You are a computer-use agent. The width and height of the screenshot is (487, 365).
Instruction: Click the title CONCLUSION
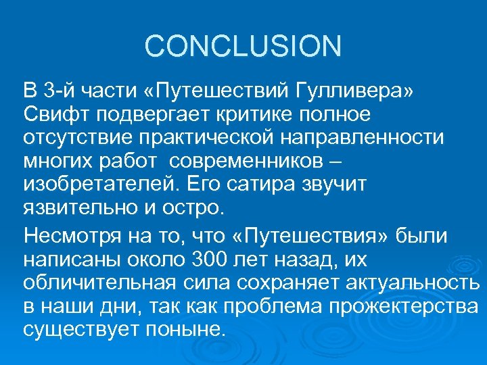(x=243, y=47)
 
